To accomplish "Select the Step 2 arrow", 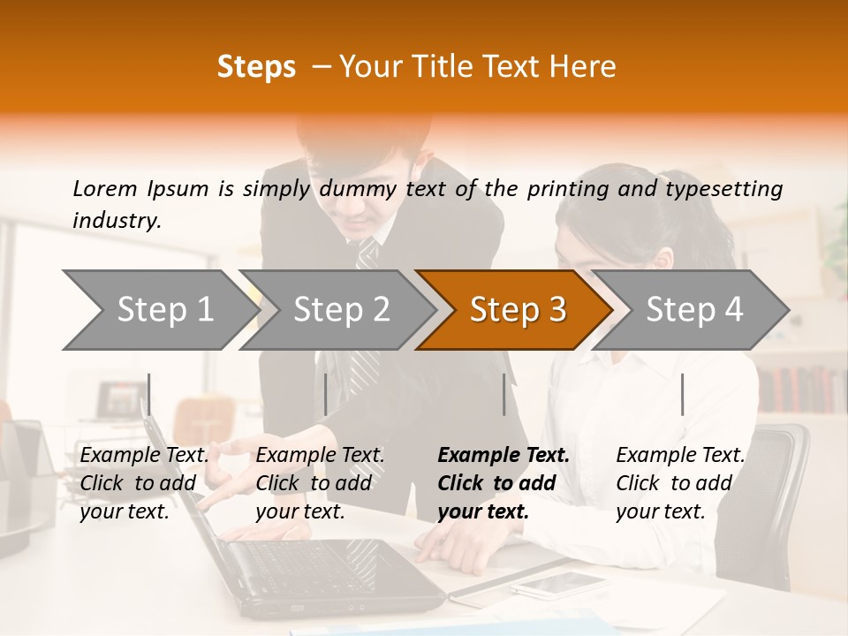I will pos(340,309).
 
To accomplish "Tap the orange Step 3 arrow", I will pos(517,309).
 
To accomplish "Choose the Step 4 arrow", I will pos(693,309).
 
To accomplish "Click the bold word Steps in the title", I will pos(256,67).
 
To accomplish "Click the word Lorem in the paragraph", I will pos(105,188).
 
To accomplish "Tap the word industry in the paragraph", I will pos(116,220).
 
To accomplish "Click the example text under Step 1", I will pos(144,483).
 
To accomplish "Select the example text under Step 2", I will pos(320,483).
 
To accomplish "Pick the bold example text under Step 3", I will pos(503,483).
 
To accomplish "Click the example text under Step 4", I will pos(680,483).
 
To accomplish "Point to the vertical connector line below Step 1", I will pos(149,394).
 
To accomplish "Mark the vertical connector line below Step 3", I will pos(504,394).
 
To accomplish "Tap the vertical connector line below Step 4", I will pos(682,394).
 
